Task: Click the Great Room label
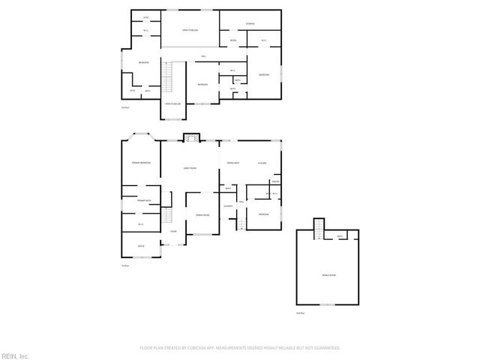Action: click(190, 168)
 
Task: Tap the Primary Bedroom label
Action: click(142, 163)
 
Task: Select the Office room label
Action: click(140, 246)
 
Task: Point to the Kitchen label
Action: click(262, 163)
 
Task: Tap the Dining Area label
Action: click(232, 163)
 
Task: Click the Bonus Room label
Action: click(328, 274)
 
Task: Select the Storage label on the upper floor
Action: click(250, 24)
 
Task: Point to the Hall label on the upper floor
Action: click(202, 57)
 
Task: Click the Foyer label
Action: click(173, 231)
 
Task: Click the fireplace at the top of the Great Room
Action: click(192, 137)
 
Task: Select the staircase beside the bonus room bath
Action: click(319, 228)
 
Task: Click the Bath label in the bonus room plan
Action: click(340, 237)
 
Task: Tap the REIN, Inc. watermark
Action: click(14, 355)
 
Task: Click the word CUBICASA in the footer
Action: click(204, 348)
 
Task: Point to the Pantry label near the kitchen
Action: click(276, 181)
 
